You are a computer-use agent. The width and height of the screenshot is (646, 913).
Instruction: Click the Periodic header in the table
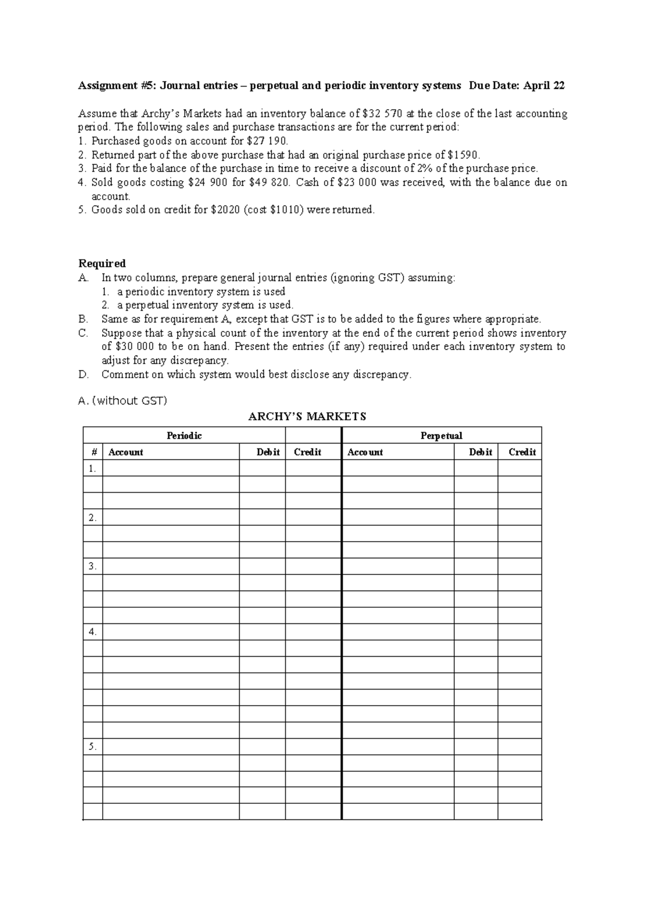click(x=184, y=436)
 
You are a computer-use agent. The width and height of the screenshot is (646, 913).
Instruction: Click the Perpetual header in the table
click(x=441, y=436)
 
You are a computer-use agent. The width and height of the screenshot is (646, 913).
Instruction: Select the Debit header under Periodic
click(x=268, y=452)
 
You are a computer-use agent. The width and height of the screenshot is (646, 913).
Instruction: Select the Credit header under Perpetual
click(x=522, y=452)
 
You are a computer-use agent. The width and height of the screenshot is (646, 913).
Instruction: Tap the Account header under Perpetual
click(x=365, y=452)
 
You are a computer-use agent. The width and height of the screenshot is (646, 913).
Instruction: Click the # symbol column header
click(x=92, y=452)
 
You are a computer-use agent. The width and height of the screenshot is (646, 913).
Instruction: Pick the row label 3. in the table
click(x=93, y=566)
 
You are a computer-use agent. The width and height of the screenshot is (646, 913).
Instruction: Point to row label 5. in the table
click(x=93, y=747)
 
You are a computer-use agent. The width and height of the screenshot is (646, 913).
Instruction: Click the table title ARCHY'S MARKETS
click(x=307, y=417)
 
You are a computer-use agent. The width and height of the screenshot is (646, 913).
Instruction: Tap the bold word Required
click(x=102, y=263)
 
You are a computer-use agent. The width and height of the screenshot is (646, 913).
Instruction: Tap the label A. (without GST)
click(x=123, y=401)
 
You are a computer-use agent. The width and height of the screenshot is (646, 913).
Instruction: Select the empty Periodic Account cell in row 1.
click(x=171, y=468)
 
